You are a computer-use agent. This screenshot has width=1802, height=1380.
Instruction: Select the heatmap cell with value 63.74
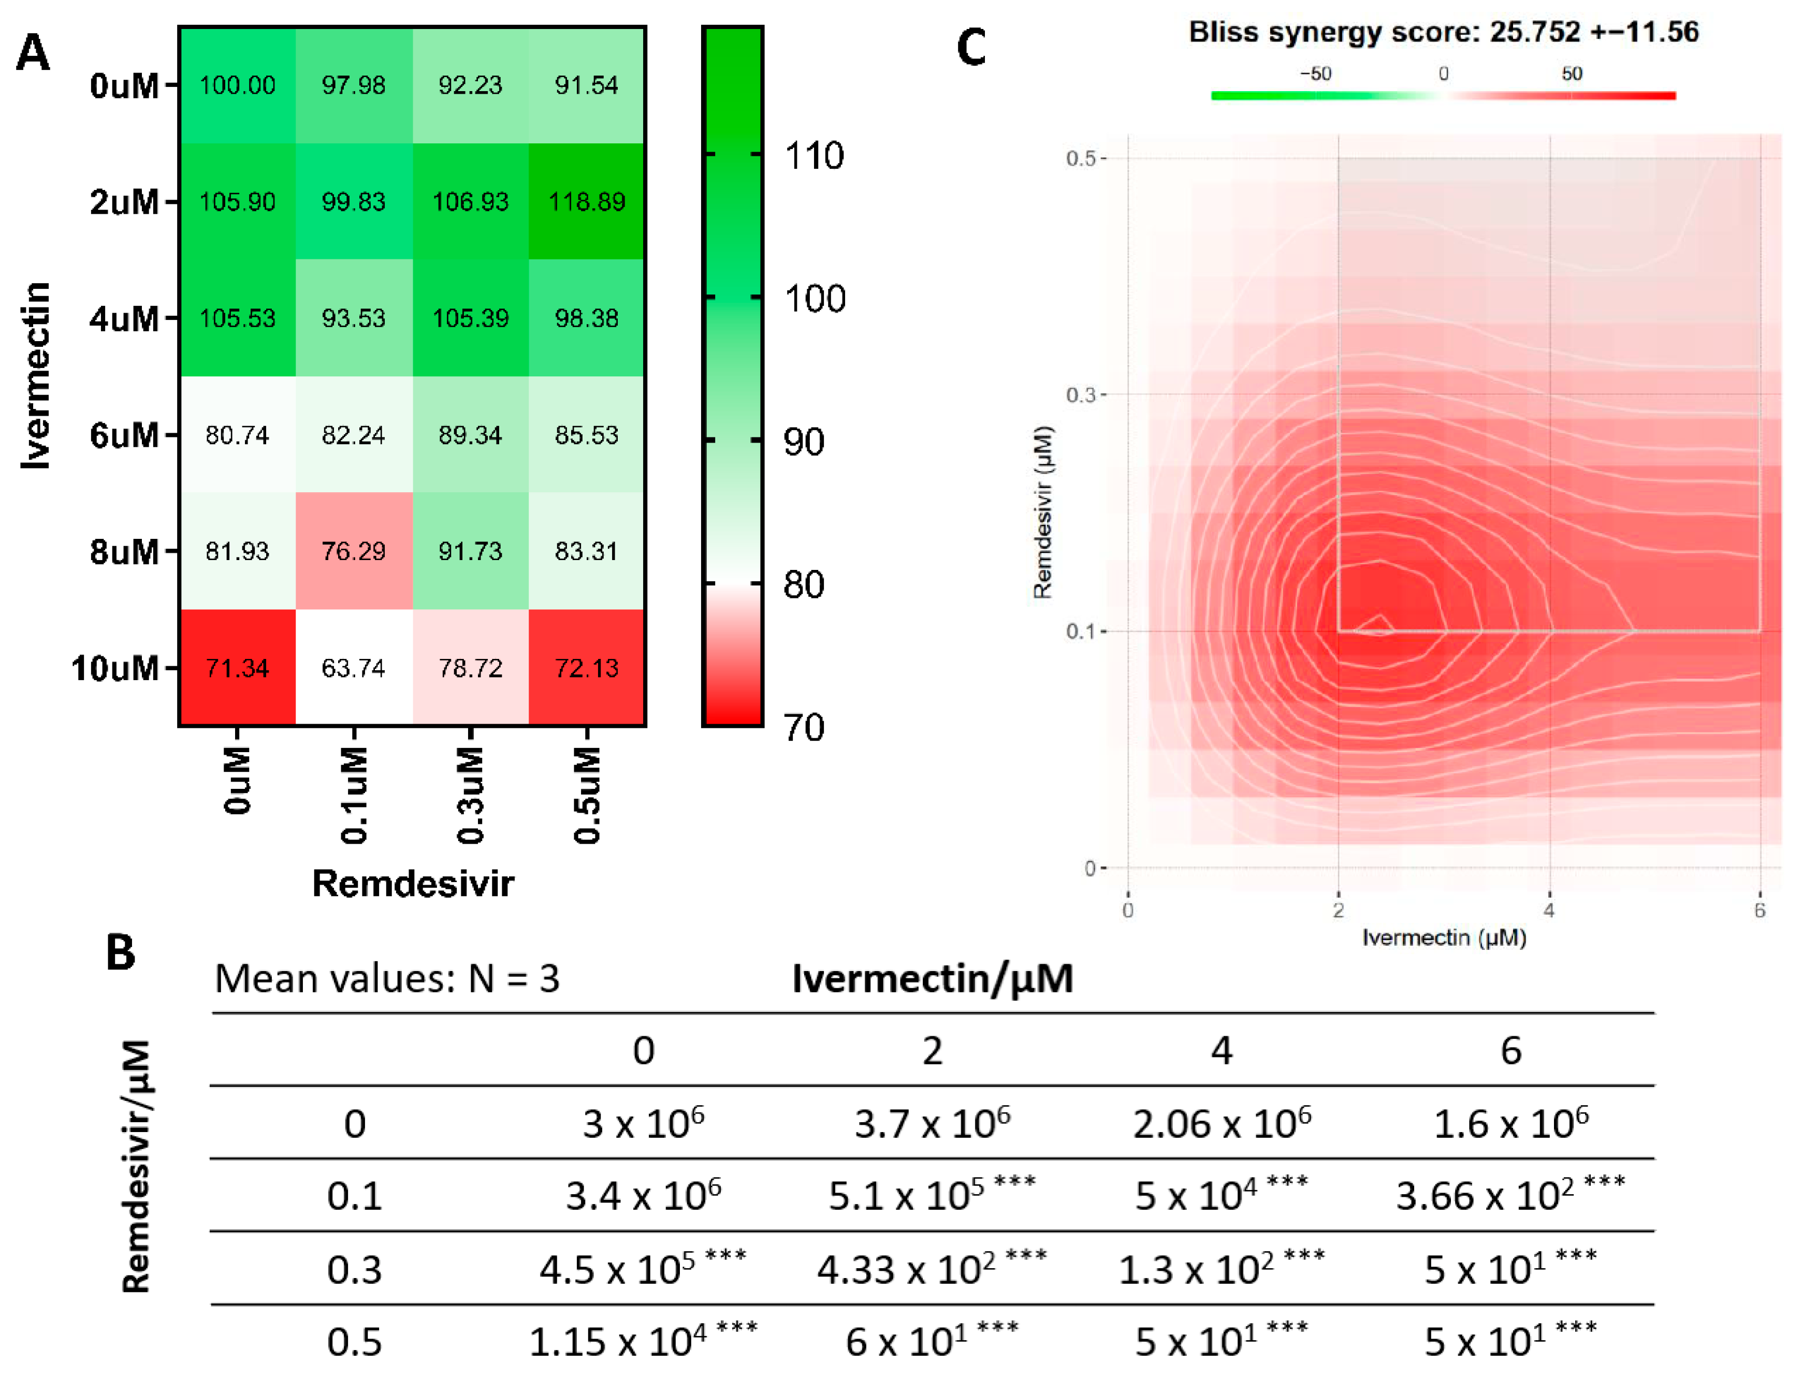click(353, 667)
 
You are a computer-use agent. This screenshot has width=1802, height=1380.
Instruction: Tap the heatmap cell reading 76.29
click(353, 550)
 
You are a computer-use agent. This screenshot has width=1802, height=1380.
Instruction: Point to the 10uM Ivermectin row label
click(115, 668)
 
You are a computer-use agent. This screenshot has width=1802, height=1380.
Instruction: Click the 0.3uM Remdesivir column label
click(470, 795)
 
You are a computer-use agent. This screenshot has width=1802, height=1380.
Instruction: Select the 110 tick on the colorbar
click(813, 155)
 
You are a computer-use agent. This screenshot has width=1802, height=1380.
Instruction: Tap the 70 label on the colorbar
click(804, 727)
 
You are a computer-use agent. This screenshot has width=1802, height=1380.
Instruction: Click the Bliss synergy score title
click(1443, 32)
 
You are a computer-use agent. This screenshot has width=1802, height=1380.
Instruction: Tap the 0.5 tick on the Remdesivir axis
click(1081, 158)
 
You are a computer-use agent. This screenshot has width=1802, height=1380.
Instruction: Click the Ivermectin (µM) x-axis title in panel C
click(1444, 937)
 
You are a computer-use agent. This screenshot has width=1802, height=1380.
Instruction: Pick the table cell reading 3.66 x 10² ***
click(1510, 1194)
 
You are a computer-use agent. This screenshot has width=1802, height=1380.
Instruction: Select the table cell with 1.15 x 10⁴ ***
click(643, 1341)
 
